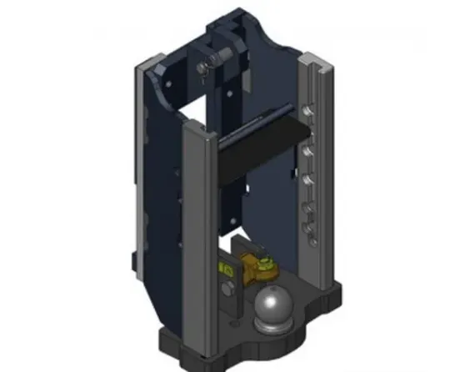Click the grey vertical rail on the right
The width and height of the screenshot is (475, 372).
[x=321, y=167]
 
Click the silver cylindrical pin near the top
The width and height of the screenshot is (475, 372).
[x=210, y=56]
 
